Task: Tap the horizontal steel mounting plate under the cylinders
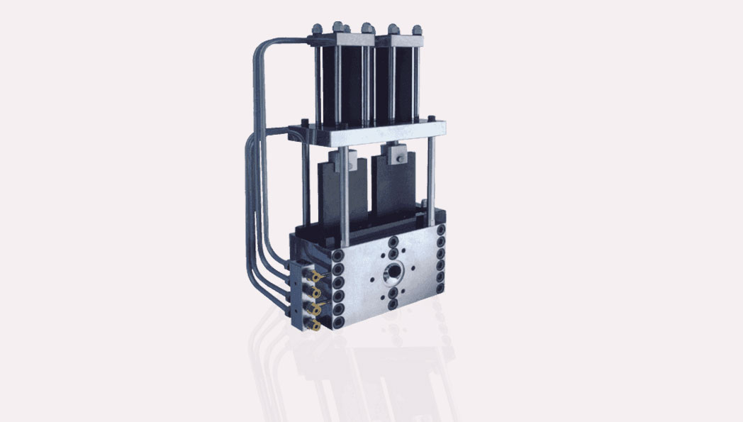tap(369, 130)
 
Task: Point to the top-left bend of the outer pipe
tap(259, 50)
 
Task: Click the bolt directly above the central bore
tap(393, 241)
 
